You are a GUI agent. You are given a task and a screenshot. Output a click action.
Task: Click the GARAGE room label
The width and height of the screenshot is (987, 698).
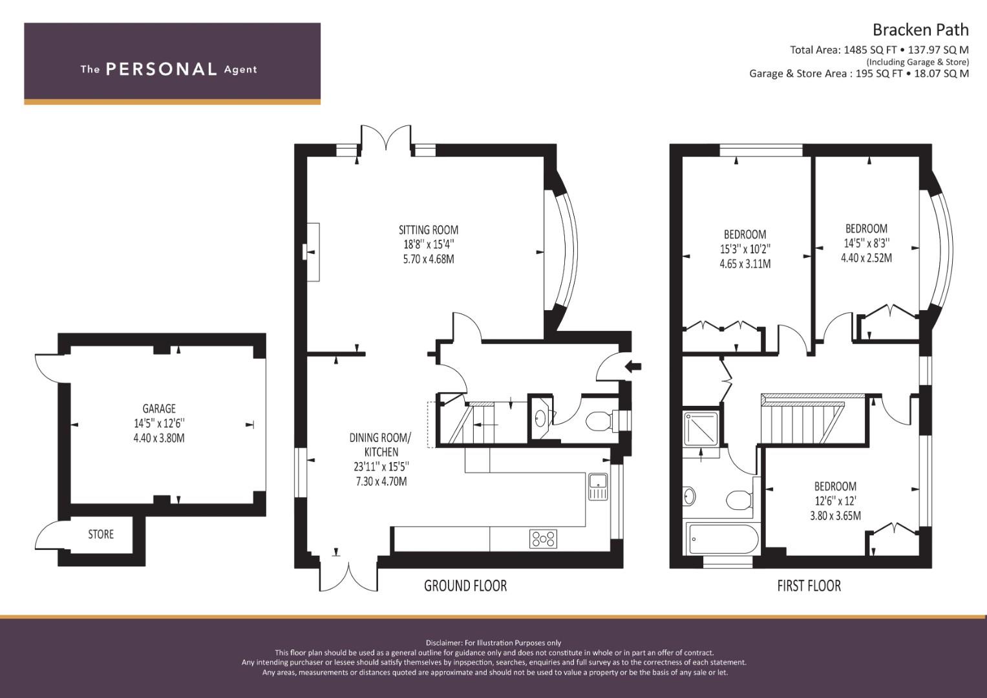point(159,408)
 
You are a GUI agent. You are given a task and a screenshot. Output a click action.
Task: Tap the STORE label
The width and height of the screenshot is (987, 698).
point(101,534)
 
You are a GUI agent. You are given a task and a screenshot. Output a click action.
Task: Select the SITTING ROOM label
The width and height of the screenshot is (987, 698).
point(428,229)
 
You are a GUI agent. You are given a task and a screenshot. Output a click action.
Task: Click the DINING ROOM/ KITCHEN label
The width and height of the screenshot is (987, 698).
point(380,445)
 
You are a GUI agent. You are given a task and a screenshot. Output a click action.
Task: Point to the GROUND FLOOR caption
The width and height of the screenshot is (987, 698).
point(465,586)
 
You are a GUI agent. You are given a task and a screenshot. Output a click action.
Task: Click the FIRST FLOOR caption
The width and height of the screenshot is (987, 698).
point(809,586)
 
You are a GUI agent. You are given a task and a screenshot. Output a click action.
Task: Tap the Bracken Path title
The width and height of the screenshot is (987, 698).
point(920,30)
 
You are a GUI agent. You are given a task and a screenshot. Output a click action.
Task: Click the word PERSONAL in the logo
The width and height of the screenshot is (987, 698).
point(161,69)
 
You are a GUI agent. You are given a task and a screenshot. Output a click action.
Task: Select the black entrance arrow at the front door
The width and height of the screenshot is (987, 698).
point(633,367)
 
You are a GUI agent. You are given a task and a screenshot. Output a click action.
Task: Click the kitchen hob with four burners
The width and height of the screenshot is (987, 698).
point(543,538)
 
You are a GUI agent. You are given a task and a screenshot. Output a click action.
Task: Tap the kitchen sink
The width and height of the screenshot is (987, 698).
point(598,486)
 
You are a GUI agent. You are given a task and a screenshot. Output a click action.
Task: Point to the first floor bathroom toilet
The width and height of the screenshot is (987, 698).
point(738,500)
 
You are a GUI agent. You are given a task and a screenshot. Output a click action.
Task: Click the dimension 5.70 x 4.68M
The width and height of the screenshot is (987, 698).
point(428,259)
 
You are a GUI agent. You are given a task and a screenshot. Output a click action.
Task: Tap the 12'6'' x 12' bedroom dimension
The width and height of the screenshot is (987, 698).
point(834,501)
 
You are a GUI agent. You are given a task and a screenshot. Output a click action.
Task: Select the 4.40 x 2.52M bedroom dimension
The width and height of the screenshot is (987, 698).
point(866,258)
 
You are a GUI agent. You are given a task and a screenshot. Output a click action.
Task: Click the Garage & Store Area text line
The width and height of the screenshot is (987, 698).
point(858,74)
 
